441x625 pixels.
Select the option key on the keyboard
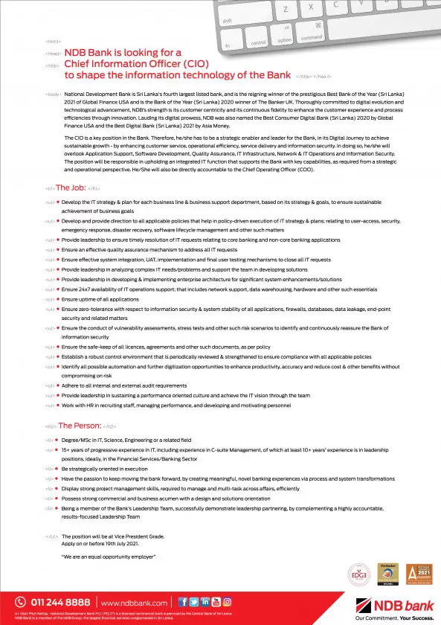(285, 39)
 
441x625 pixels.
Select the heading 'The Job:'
(71, 188)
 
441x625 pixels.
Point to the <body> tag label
(53, 95)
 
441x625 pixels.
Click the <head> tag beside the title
(53, 54)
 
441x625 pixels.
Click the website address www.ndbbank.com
(135, 602)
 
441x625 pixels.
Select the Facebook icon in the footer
(182, 601)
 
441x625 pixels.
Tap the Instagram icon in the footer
(227, 601)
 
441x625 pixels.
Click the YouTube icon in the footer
(216, 601)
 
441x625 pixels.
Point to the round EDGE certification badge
(358, 574)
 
